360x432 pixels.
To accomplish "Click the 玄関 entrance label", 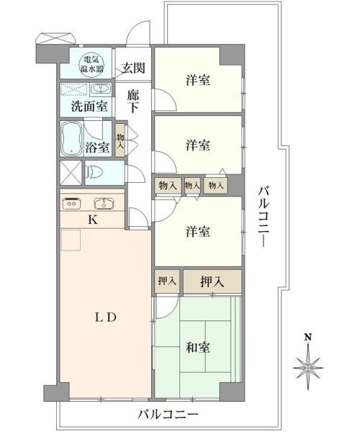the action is pyautogui.click(x=133, y=68).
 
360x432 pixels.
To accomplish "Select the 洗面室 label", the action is pyautogui.click(x=89, y=107).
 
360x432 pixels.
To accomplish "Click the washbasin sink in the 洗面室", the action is pyautogui.click(x=100, y=89).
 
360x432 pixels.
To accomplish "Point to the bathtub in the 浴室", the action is pyautogui.click(x=71, y=138).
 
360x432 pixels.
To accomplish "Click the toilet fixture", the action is pyautogui.click(x=94, y=173).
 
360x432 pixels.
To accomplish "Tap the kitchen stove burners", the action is pyautogui.click(x=72, y=204).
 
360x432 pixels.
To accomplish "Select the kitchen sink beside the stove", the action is pyautogui.click(x=104, y=204).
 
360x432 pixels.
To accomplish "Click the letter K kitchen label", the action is pyautogui.click(x=93, y=220).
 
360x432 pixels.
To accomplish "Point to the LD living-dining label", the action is pyautogui.click(x=106, y=318).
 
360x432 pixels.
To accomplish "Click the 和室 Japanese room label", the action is pyautogui.click(x=198, y=347).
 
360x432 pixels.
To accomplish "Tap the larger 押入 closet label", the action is pyautogui.click(x=212, y=282).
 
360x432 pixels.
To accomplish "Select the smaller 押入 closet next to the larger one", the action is pyautogui.click(x=167, y=282).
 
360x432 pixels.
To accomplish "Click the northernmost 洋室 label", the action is pyautogui.click(x=198, y=80).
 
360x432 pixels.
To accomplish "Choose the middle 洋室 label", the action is pyautogui.click(x=198, y=145).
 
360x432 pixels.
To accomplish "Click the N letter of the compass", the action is pyautogui.click(x=307, y=337).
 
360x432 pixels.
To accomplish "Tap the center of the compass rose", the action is pyautogui.click(x=307, y=368).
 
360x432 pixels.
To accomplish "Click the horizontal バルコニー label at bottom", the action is pyautogui.click(x=168, y=414).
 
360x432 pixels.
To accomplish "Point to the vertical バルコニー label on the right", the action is pyautogui.click(x=264, y=216).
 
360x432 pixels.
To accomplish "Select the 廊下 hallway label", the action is pyautogui.click(x=133, y=102).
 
